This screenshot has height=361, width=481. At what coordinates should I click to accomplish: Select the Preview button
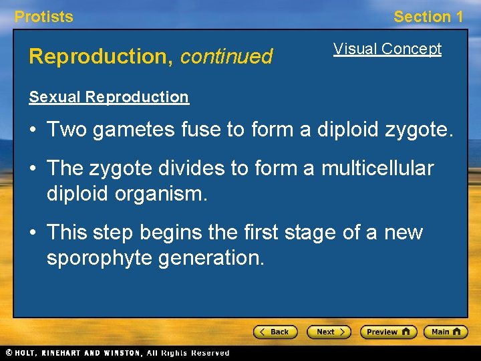[388, 332]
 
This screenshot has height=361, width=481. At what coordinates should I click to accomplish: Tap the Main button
[446, 332]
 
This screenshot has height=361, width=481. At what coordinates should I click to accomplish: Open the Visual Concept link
[387, 49]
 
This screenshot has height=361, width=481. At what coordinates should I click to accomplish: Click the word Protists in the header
[44, 17]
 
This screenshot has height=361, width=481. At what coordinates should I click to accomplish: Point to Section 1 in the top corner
[428, 17]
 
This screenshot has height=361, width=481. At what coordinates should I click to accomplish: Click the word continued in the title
[226, 57]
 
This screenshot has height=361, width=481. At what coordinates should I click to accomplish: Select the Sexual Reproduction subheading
[109, 97]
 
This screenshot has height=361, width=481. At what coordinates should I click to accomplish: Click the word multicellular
[377, 169]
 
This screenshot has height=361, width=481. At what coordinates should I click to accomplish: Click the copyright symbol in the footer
[8, 353]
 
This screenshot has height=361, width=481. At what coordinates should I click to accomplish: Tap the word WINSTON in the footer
[122, 353]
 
